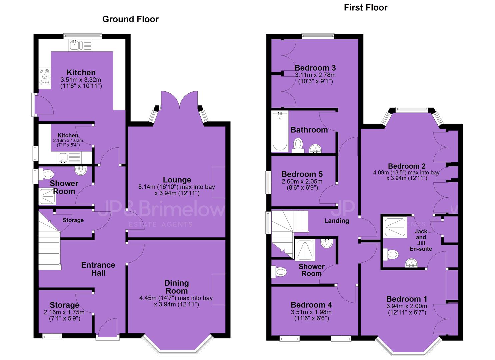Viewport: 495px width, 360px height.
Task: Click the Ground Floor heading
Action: pyautogui.click(x=130, y=19)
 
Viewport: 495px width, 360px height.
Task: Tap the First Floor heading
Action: pyautogui.click(x=366, y=8)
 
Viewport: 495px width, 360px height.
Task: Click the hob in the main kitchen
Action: pyautogui.click(x=45, y=77)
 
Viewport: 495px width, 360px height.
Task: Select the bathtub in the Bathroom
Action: pyautogui.click(x=280, y=131)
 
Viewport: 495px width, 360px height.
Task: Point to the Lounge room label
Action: pyautogui.click(x=177, y=180)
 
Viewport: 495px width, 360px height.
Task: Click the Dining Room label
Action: pyautogui.click(x=177, y=287)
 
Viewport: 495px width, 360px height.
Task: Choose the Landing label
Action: pyautogui.click(x=337, y=221)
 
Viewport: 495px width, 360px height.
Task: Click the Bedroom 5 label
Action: pyautogui.click(x=302, y=174)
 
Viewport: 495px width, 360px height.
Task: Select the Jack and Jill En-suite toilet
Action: pyautogui.click(x=391, y=254)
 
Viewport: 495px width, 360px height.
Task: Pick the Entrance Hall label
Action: pyautogui.click(x=98, y=269)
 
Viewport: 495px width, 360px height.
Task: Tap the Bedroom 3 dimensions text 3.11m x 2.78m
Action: pyautogui.click(x=315, y=75)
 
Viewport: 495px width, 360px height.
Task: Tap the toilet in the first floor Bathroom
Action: pyautogui.click(x=298, y=145)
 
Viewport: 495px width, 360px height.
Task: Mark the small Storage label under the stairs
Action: pyautogui.click(x=73, y=220)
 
